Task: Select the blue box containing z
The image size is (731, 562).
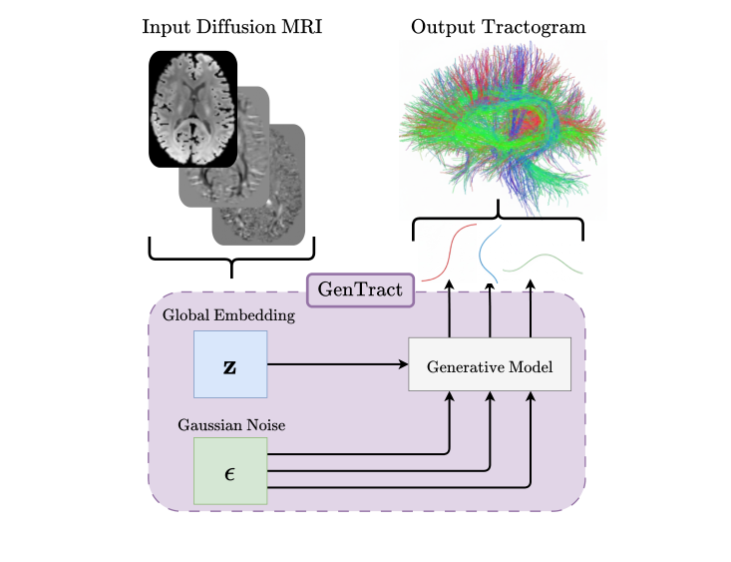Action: point(230,365)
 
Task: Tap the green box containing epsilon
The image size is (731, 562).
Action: point(230,470)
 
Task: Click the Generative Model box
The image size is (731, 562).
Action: point(490,365)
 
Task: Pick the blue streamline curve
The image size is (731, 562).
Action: point(490,254)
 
